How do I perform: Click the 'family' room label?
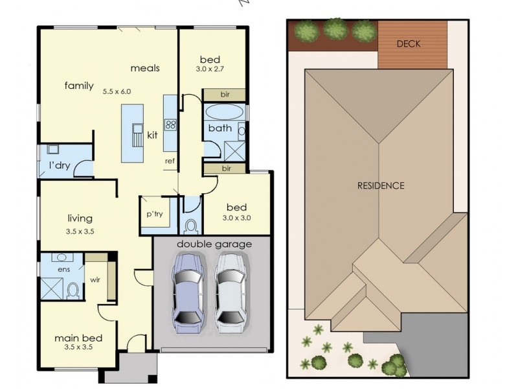pos(79,86)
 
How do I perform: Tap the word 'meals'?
pos(145,68)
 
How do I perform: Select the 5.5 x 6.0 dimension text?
pos(117,91)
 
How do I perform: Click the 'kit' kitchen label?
pos(153,135)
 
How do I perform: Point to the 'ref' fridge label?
pos(170,161)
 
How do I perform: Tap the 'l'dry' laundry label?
pos(60,165)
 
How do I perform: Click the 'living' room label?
pos(80,218)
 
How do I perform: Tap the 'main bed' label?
pos(78,338)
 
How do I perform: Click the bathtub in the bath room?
pos(225,112)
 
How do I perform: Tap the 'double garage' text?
pos(210,244)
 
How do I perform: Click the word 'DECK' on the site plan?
pos(409,44)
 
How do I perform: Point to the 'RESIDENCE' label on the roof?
pos(381,185)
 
